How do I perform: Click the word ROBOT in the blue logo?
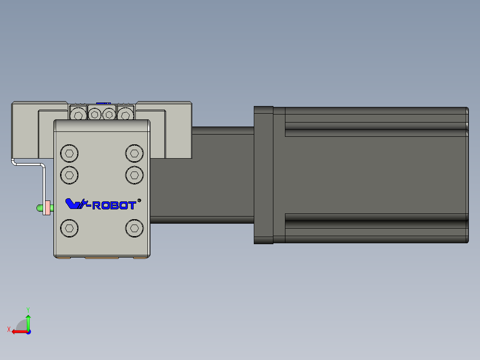(x=114, y=205)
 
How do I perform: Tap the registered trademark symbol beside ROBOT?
(x=139, y=200)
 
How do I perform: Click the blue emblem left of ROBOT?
(x=77, y=204)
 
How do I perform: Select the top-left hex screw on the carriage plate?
(x=69, y=153)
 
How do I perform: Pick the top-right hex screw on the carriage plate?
(x=134, y=153)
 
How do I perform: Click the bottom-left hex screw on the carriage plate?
(x=69, y=228)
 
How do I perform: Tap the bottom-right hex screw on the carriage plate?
(x=134, y=228)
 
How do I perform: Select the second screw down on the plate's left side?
(x=69, y=175)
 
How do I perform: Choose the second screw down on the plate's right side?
(x=134, y=175)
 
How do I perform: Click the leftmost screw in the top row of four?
(x=78, y=115)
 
